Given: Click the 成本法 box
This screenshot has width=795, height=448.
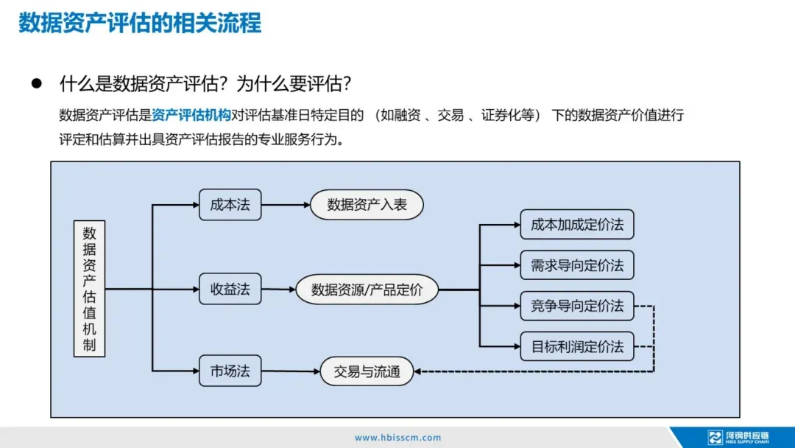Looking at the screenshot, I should (230, 205).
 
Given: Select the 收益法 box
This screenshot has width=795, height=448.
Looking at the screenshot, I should (230, 290).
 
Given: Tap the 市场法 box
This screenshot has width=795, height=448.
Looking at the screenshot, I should (230, 371).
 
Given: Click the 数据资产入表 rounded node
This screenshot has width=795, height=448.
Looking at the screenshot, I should (367, 205).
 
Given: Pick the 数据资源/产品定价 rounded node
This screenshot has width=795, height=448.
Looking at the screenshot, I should (367, 290).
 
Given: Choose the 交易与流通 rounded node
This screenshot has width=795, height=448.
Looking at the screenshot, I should (367, 371).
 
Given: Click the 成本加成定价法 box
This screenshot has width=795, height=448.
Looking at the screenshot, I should (576, 225).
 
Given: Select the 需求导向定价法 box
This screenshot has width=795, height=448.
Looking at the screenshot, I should (576, 265).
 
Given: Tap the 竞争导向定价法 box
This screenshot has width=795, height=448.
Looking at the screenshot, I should (576, 306).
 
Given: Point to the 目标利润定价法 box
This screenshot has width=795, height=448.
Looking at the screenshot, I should (576, 346).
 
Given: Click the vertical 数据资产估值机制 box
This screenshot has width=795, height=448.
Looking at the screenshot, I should (89, 288).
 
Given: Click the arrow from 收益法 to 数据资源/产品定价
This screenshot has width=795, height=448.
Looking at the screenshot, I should (278, 290).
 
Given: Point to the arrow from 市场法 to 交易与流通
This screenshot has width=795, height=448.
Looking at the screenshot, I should (291, 371).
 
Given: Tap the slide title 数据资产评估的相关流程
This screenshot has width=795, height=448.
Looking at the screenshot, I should (140, 23).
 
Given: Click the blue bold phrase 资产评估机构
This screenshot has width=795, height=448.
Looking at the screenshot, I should (191, 115).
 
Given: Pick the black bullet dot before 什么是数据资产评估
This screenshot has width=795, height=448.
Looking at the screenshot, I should (35, 84).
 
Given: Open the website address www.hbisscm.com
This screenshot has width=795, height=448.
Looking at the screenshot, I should (398, 438).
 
